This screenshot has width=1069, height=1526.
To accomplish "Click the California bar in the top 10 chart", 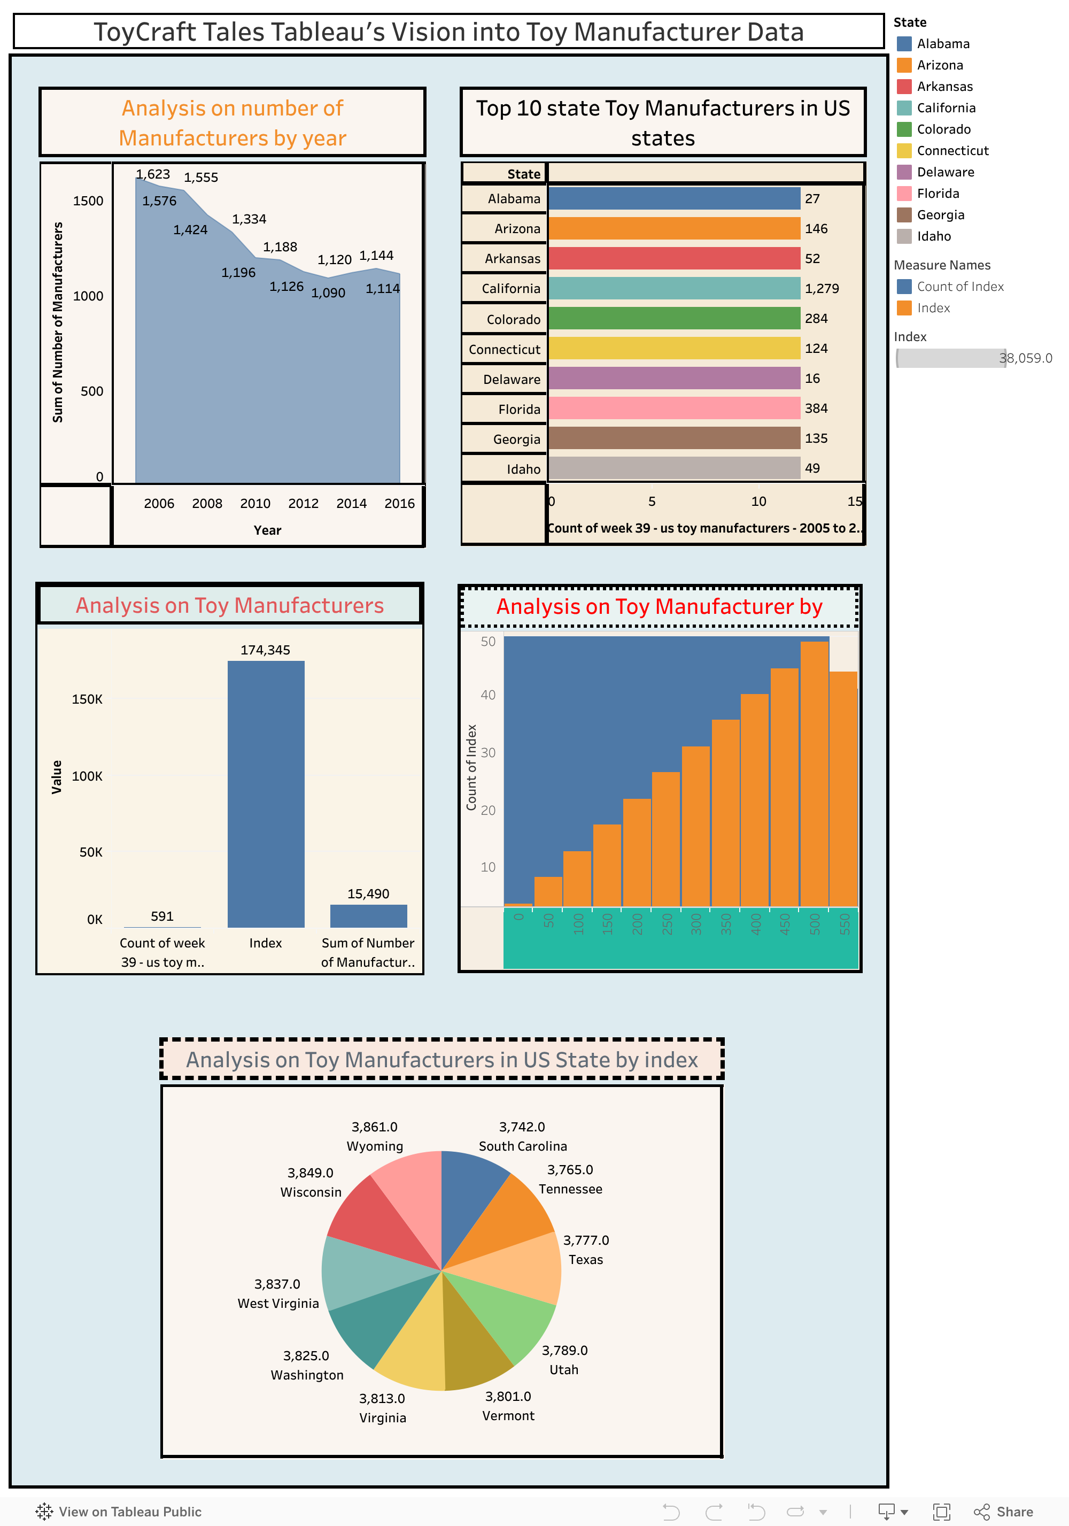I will point(673,288).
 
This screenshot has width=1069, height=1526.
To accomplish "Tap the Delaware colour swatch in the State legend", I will point(903,172).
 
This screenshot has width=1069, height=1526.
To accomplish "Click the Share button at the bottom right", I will point(1004,1512).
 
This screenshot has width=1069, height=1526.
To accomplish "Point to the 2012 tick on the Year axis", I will point(303,503).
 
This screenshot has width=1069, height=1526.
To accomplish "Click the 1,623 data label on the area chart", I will point(153,174).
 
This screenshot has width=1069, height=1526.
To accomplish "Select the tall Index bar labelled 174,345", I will point(266,793).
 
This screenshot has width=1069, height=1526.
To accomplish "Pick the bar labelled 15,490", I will point(368,916).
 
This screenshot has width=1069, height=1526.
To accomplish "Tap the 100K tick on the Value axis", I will point(87,776).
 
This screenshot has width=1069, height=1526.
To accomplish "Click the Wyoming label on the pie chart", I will point(375,1146).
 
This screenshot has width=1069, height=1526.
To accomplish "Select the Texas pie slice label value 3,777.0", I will point(585,1240).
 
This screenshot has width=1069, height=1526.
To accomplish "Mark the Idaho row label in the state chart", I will point(523,469).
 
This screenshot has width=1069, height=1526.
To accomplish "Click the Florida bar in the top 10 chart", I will point(673,408).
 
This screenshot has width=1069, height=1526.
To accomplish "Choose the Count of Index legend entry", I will point(960,287).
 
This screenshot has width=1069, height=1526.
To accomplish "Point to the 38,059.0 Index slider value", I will point(1025,358).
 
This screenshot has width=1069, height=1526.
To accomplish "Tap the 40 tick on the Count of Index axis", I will point(487,695).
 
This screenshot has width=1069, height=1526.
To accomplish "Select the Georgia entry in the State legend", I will point(940,214).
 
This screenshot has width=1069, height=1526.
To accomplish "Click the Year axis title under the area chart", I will point(267,530).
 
